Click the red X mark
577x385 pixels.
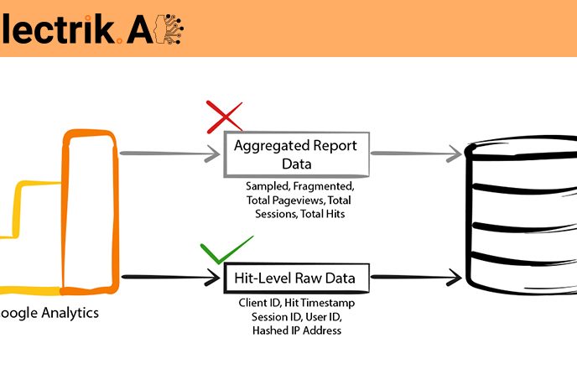coord(224,117)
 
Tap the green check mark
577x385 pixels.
coord(226,249)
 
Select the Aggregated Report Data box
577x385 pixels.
coord(295,153)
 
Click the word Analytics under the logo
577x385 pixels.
coord(68,313)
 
